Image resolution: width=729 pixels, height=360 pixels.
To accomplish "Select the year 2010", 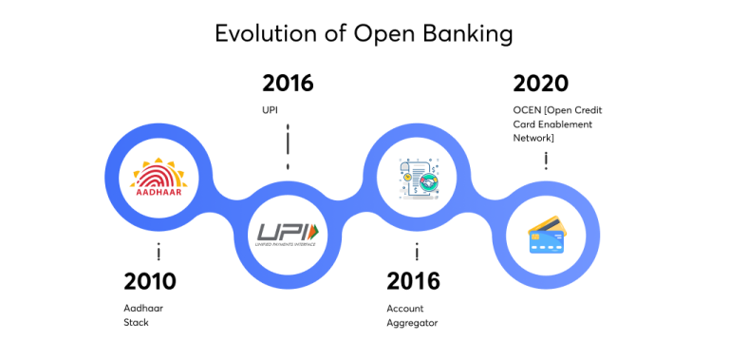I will pos(150,281).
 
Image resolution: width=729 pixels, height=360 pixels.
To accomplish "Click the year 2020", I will pos(539,84).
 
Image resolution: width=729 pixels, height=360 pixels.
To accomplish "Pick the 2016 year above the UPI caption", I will pos(288,84).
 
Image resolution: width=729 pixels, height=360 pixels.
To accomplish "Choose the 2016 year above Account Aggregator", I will pos(413,281).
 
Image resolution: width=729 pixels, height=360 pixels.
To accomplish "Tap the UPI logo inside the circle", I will pos(289,232).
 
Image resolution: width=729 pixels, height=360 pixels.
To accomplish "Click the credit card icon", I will pos(548,234).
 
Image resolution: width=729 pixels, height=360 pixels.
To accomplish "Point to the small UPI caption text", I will pos(271,110).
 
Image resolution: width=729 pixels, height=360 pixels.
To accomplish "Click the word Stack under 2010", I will pos(137,322).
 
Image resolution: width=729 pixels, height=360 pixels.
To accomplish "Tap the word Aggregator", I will pos(412,322).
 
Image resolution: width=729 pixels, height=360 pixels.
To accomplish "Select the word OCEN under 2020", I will pos(528,110).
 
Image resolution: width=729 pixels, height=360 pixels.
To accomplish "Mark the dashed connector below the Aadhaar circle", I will pos(159,252).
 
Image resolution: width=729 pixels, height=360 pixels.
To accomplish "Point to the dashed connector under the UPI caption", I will pos(288,145).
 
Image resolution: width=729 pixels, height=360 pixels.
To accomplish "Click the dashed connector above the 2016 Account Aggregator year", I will pos(417,252).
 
